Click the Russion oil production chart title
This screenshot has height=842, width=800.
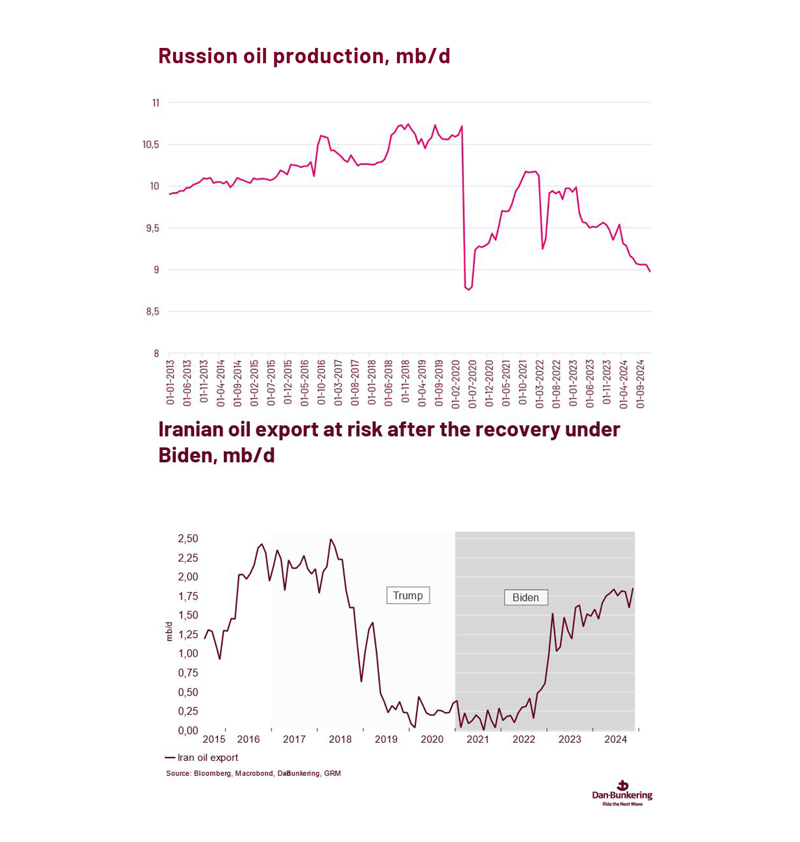pos(304,56)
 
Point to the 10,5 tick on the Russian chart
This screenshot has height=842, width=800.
pos(151,145)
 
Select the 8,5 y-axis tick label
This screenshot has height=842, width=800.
pos(152,312)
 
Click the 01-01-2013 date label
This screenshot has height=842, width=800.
pos(170,383)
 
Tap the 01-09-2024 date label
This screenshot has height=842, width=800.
pos(640,384)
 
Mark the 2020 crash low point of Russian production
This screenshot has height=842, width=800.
pos(468,289)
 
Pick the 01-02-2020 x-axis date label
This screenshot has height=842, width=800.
pos(456,384)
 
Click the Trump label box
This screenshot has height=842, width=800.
pos(408,595)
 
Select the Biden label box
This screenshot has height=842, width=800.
pos(525,597)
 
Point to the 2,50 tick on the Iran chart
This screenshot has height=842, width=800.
pos(188,539)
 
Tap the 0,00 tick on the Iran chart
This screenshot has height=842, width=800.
pos(188,730)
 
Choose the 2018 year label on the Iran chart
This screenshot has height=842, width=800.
pos(340,739)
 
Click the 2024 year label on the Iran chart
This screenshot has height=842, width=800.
pos(615,739)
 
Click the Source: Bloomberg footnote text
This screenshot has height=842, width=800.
pos(253,773)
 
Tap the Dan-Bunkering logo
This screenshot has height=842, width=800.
pos(622,793)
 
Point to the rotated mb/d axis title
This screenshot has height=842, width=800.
pos(169,631)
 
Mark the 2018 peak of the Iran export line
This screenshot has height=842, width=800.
pos(331,539)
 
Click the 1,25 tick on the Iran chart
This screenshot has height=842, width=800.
pos(188,634)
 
